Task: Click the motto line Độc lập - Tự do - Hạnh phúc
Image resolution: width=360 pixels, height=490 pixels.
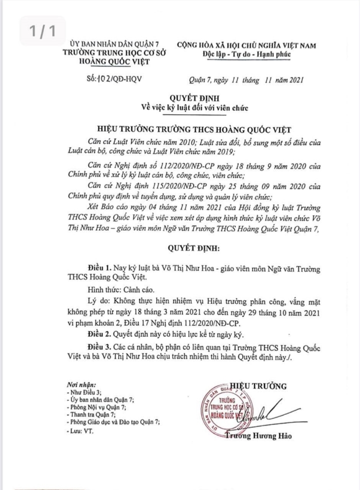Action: pyautogui.click(x=244, y=55)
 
